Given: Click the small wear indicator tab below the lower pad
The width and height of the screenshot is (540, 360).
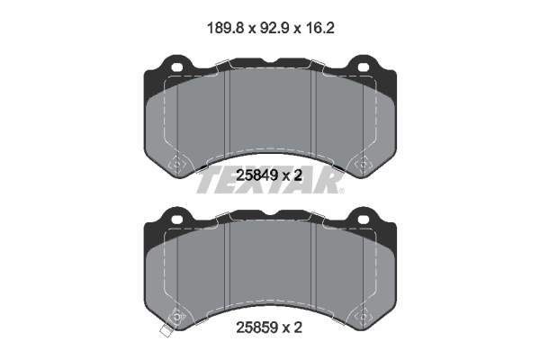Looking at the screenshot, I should (x=165, y=337).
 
